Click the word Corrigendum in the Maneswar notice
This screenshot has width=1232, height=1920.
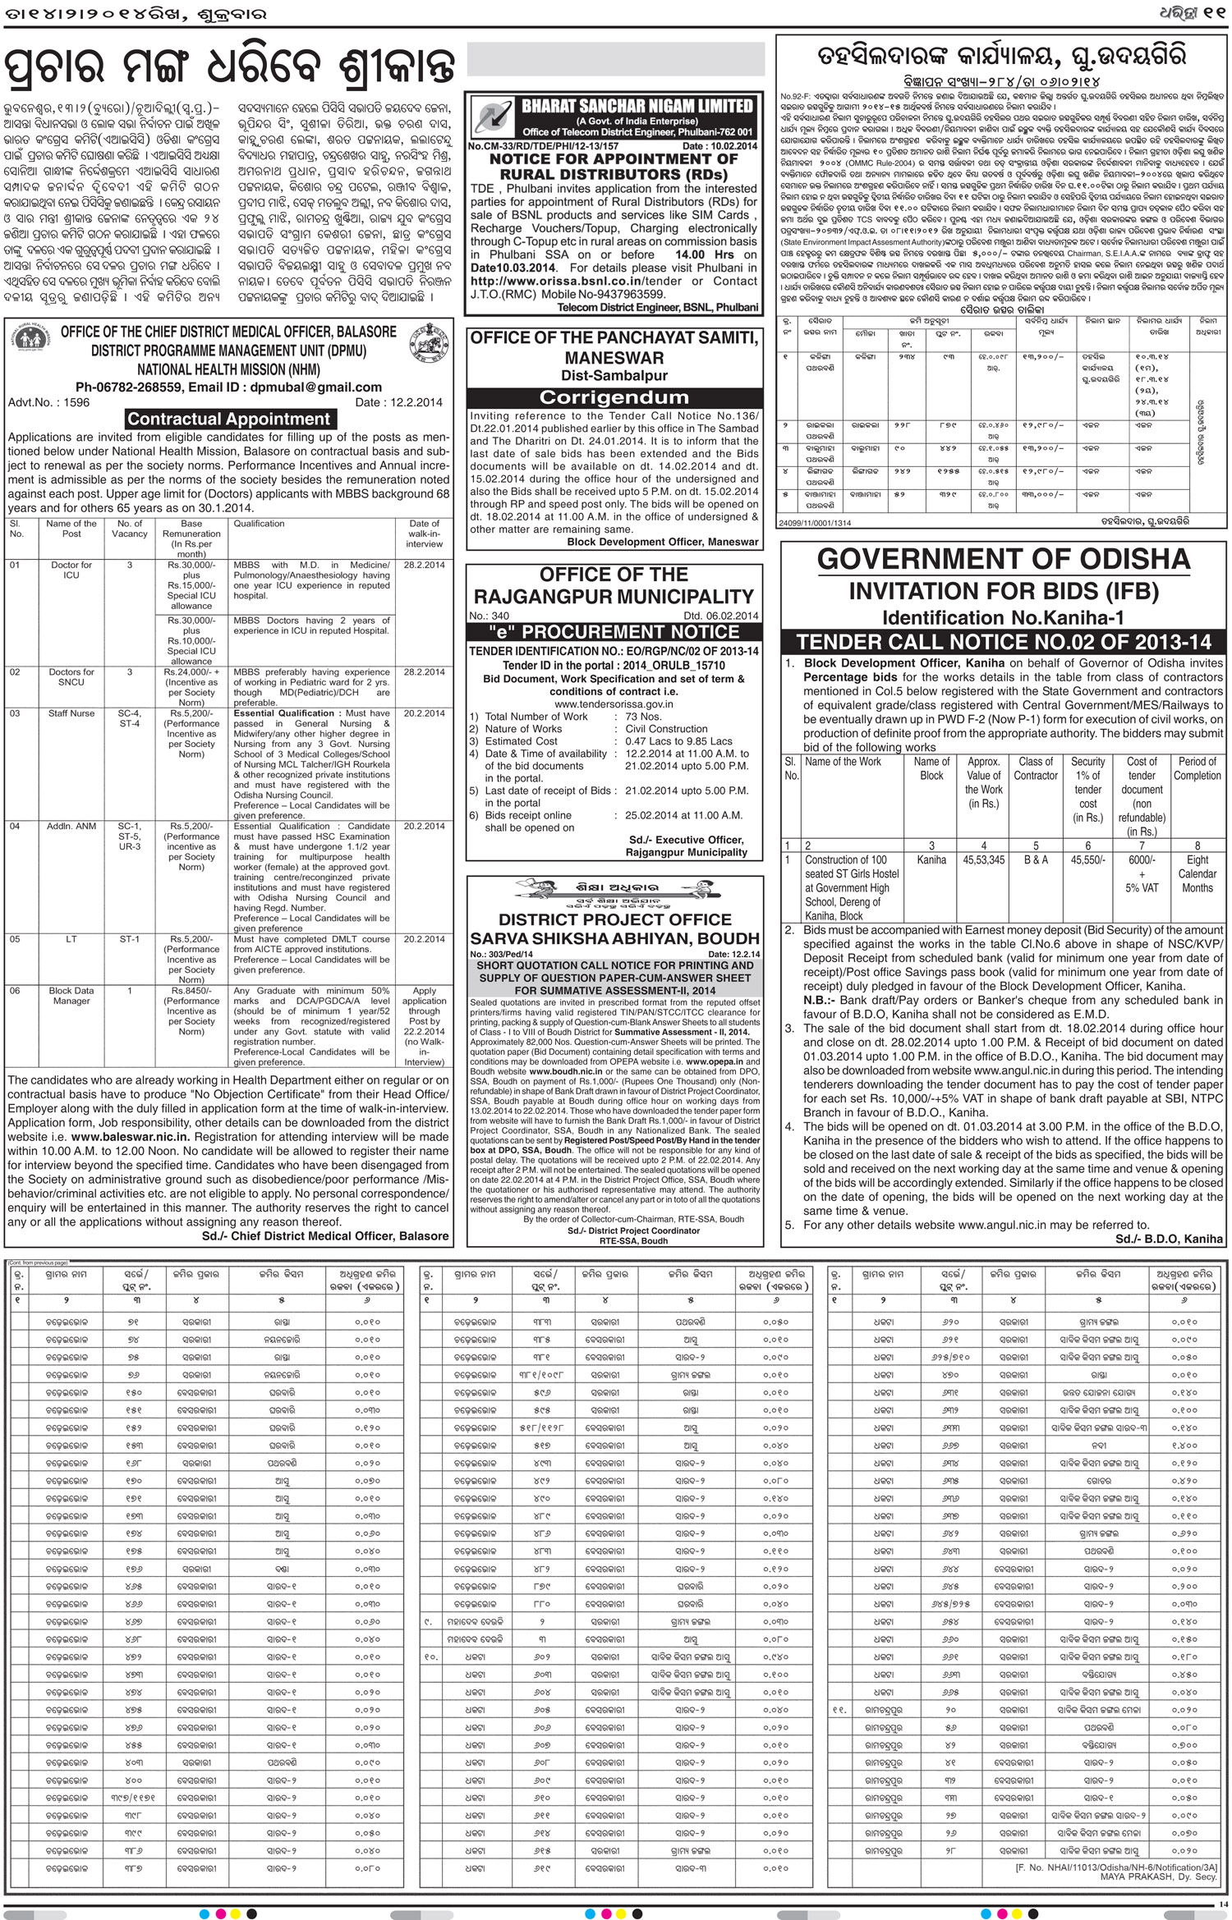coord(613,397)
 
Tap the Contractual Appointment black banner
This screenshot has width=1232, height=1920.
coord(228,419)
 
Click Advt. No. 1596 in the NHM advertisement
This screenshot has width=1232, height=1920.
coord(49,403)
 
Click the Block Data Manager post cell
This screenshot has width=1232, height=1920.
coord(71,996)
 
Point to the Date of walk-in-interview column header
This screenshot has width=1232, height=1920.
coord(424,534)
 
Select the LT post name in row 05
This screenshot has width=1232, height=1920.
coord(71,939)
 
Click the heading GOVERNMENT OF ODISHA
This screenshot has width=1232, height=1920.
coord(1003,559)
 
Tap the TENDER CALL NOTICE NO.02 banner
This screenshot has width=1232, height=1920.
coord(1003,642)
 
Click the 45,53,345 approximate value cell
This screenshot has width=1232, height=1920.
coord(983,860)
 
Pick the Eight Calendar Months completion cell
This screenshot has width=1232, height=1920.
coord(1197,873)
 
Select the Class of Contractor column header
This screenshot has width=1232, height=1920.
coord(1036,768)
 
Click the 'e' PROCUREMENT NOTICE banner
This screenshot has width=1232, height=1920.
coord(613,632)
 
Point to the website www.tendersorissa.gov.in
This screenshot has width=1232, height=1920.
coord(613,703)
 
